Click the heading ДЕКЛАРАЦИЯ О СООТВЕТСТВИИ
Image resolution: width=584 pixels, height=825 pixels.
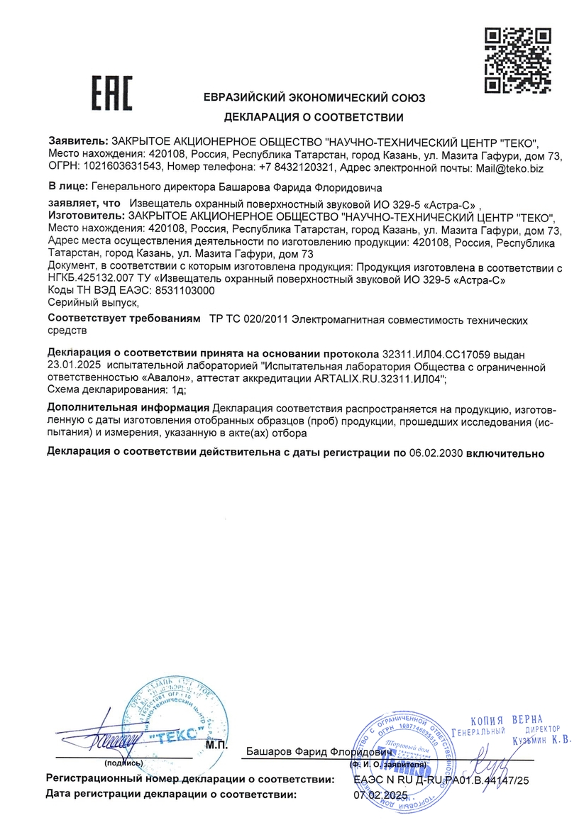coord(314,117)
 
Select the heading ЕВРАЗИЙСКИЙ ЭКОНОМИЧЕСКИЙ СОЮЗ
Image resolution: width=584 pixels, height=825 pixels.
coord(314,98)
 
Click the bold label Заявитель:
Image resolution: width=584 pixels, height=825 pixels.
coord(77,142)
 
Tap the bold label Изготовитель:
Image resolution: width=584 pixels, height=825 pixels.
coord(84,216)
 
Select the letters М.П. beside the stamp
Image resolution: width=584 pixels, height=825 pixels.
coord(216,744)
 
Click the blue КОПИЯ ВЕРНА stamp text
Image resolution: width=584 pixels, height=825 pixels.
coord(507,720)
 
